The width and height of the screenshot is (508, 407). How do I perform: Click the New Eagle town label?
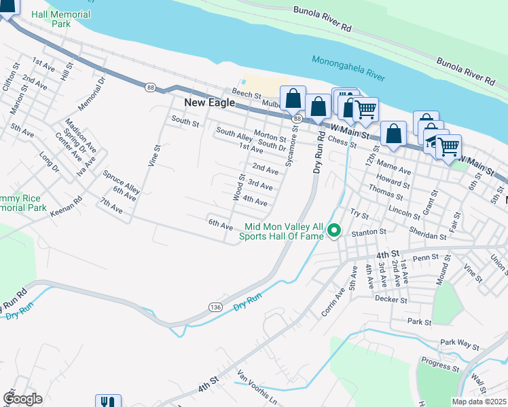coord(209,103)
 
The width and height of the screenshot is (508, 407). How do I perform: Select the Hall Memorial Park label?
coord(70,18)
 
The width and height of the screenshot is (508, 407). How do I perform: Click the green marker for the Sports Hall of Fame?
coord(333,232)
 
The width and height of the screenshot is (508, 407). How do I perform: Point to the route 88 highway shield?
coord(150,87)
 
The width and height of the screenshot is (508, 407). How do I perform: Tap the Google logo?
coord(22,399)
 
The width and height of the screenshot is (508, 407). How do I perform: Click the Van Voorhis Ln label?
coord(257,387)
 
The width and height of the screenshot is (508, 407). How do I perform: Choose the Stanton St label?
coord(369,232)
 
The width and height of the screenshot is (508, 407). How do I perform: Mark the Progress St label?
coord(439,364)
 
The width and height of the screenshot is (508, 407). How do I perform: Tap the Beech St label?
coord(247,96)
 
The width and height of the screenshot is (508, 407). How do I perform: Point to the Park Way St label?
coord(459,343)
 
